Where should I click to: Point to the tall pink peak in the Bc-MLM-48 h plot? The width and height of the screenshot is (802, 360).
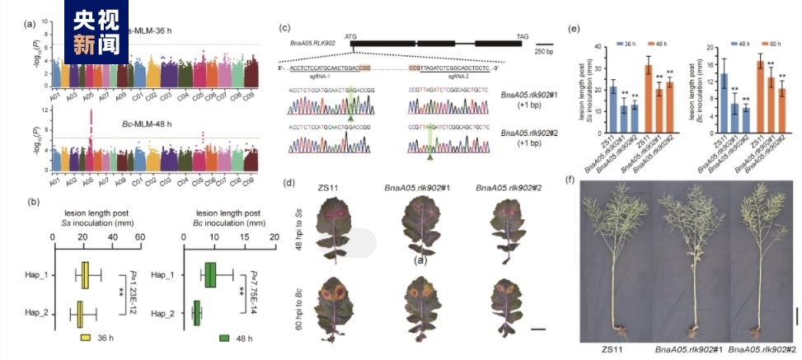tap(90, 132)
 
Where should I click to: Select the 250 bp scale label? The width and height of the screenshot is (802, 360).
tap(543, 51)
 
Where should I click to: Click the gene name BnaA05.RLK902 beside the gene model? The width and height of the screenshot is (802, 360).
tap(314, 40)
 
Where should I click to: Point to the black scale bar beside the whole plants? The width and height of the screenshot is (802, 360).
tap(795, 316)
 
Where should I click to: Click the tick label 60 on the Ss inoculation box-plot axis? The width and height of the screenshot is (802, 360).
tap(140, 236)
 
